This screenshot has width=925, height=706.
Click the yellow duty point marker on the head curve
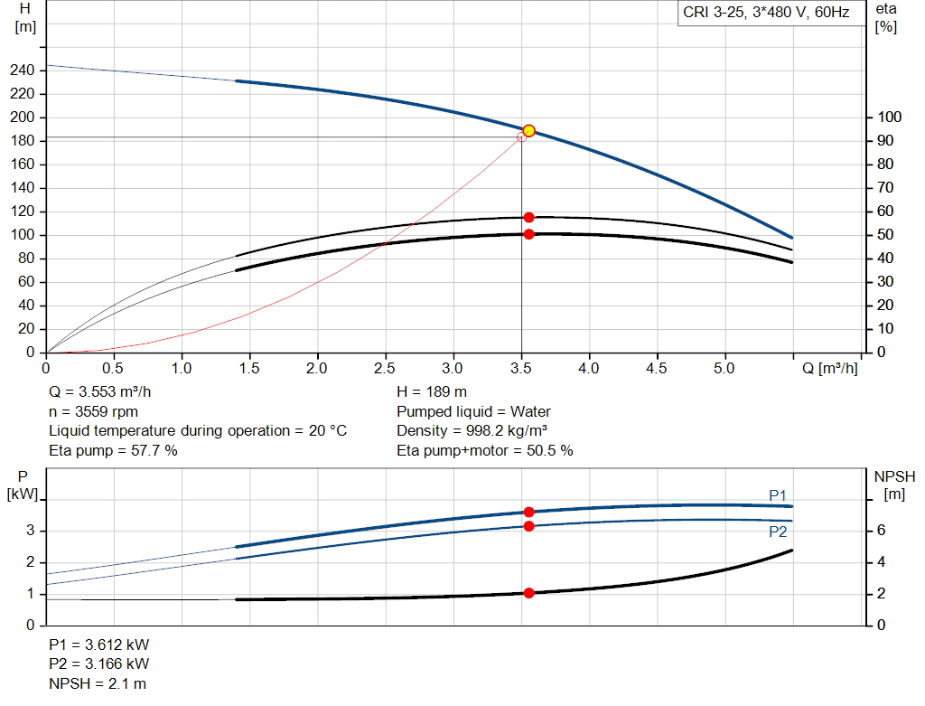tap(529, 131)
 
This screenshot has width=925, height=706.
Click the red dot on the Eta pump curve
tap(529, 217)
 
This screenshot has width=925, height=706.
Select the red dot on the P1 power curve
tap(529, 512)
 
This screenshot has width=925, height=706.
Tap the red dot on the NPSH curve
tap(529, 593)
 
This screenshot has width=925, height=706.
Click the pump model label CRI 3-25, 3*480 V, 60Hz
tap(766, 14)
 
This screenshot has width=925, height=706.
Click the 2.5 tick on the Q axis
tap(385, 368)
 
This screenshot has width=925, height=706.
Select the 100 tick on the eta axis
tap(889, 118)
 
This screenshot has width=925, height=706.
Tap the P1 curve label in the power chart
tap(778, 494)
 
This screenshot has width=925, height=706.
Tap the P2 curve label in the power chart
tap(778, 532)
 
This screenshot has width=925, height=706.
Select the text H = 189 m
tap(432, 392)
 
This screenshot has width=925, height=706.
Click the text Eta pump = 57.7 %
tap(113, 449)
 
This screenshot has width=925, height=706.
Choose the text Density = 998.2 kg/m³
tap(472, 430)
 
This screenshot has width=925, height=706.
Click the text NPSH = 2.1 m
tap(98, 683)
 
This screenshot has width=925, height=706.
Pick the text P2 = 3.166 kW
tap(98, 664)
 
